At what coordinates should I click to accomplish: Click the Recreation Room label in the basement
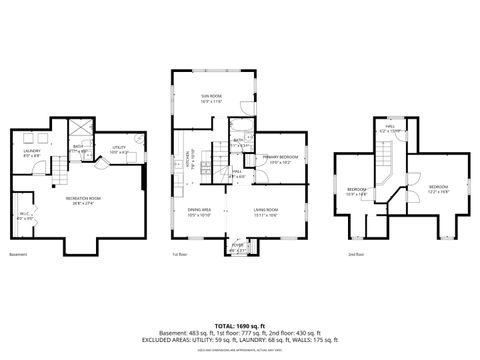click(x=83, y=200)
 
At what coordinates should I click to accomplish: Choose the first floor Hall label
click(x=238, y=173)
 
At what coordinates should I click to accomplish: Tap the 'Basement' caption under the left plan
click(x=18, y=255)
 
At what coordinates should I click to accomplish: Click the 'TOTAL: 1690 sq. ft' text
click(x=240, y=325)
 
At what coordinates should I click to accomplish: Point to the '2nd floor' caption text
click(x=355, y=255)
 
